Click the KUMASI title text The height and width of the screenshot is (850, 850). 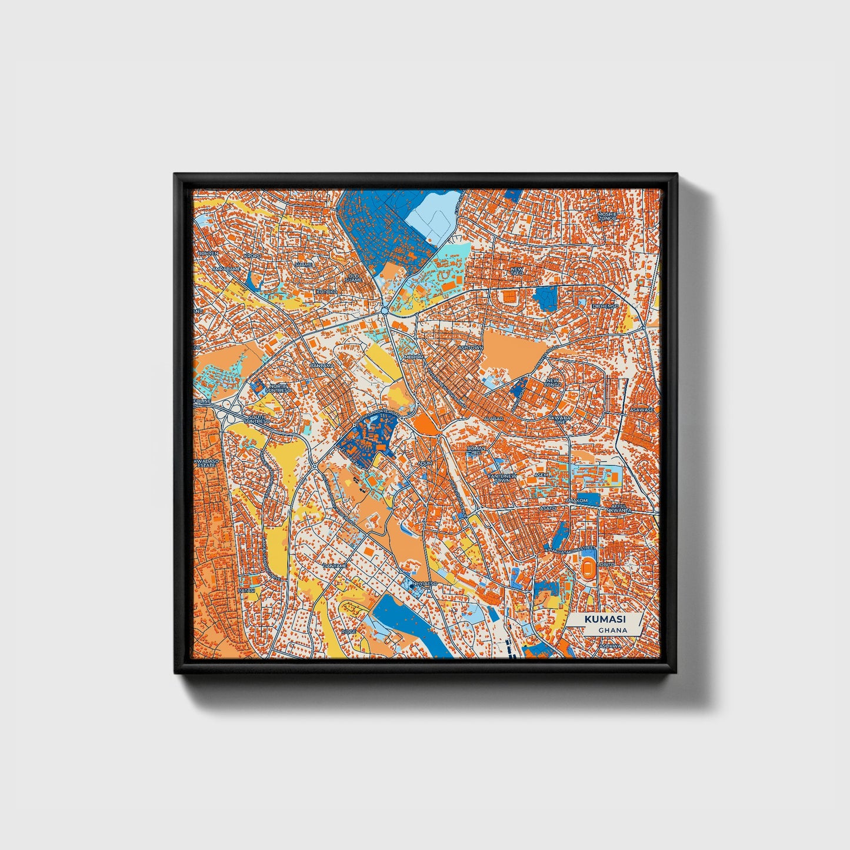[605, 619]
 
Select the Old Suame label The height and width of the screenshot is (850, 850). [354, 277]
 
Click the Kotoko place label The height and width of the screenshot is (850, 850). [327, 292]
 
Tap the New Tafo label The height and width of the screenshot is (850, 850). [516, 271]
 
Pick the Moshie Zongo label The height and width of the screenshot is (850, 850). [606, 216]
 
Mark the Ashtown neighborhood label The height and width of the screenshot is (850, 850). [471, 348]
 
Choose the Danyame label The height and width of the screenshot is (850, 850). [335, 565]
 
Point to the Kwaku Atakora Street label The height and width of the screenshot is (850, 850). [571, 549]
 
